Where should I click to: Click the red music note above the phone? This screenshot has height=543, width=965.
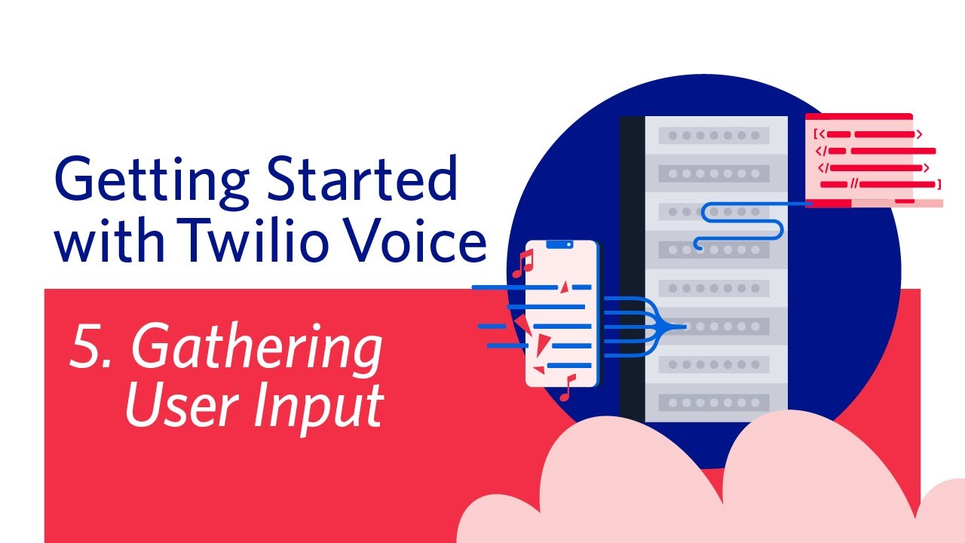(x=522, y=264)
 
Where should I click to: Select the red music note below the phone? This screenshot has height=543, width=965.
(x=567, y=387)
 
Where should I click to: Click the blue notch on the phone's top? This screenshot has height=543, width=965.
(x=559, y=244)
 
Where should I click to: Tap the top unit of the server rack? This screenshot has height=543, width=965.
(x=713, y=136)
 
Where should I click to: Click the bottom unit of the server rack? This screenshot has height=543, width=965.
(x=713, y=402)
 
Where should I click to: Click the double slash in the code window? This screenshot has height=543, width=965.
(x=854, y=184)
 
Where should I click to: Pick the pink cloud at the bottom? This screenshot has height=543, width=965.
(x=679, y=483)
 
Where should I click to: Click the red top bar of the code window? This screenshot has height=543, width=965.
(x=859, y=117)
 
